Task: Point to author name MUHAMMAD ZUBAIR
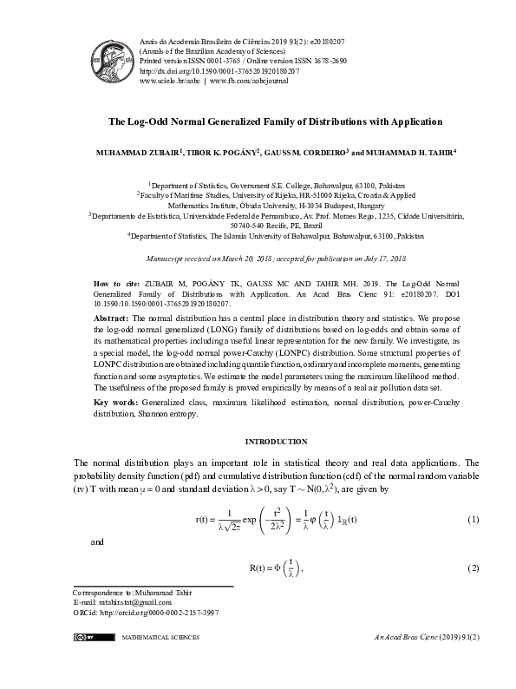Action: click(136, 153)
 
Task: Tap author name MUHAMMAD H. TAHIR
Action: click(404, 153)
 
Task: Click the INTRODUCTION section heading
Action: click(276, 442)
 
